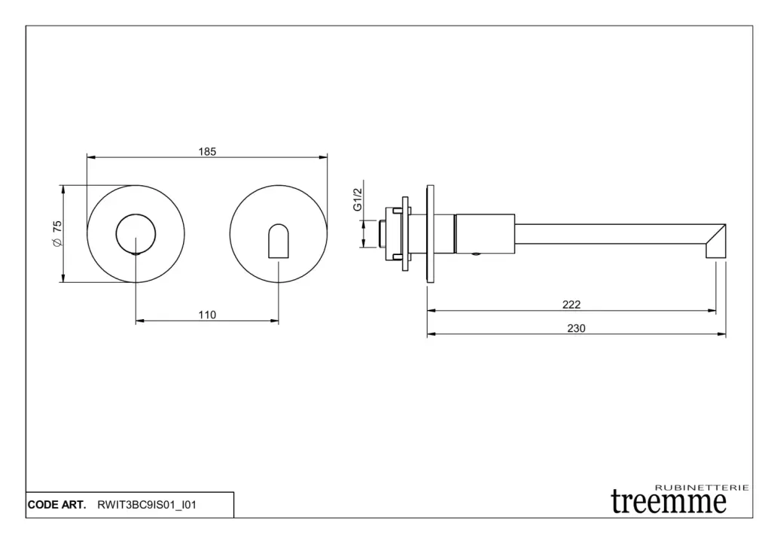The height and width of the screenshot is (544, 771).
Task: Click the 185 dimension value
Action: (x=207, y=151)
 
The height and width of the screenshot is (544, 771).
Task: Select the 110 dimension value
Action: (x=207, y=315)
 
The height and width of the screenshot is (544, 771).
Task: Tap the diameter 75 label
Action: (x=57, y=233)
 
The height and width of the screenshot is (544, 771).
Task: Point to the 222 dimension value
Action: (x=571, y=305)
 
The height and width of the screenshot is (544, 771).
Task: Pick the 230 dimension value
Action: (x=576, y=328)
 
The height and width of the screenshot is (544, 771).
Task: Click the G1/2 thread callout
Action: (x=358, y=199)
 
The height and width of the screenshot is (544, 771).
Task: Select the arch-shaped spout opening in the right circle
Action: (x=279, y=241)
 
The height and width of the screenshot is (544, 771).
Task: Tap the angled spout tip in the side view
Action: (x=716, y=241)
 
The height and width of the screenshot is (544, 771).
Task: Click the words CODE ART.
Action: (x=56, y=505)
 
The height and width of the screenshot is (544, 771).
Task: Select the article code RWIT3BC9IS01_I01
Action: (x=147, y=505)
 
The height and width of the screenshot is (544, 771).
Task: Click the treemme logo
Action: (x=669, y=501)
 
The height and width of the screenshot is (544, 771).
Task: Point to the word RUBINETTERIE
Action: (x=702, y=488)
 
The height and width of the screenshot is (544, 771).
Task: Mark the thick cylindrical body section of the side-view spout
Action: (x=485, y=234)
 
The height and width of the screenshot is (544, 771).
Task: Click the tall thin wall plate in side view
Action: (x=430, y=234)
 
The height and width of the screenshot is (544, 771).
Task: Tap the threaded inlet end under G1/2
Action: (x=382, y=234)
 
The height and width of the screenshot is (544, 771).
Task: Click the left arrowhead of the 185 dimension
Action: (x=91, y=157)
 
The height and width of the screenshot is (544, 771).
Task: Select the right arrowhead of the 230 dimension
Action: (x=722, y=334)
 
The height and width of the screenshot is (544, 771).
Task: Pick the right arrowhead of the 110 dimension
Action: (x=274, y=321)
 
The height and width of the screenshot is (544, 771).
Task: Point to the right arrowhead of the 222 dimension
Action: (x=712, y=311)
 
